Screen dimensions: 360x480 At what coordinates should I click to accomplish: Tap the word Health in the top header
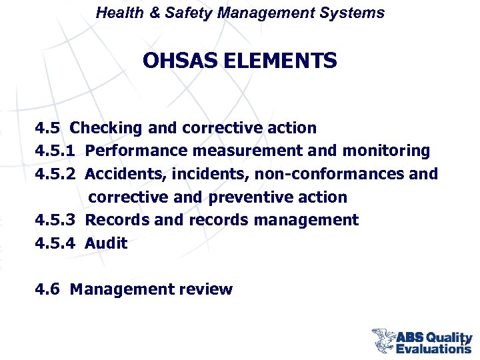tap(117, 13)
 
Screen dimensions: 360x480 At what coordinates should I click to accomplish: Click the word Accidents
tap(125, 174)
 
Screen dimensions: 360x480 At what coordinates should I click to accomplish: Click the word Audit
tap(107, 243)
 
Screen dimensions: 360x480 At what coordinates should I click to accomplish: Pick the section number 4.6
tap(47, 289)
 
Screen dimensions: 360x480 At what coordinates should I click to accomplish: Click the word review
tap(206, 289)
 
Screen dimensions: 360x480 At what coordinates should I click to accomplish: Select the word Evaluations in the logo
tap(433, 348)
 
